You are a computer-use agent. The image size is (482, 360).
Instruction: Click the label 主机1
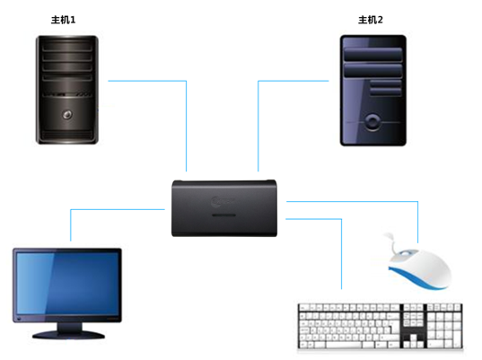[63, 20]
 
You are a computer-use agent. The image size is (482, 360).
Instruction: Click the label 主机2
[371, 20]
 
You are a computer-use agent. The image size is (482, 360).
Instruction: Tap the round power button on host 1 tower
[67, 115]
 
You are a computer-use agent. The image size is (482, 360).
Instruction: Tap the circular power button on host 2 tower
[372, 122]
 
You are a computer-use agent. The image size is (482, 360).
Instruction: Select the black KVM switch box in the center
[224, 208]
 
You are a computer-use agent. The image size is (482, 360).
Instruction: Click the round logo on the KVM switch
[216, 201]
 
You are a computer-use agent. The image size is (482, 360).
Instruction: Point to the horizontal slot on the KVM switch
[223, 215]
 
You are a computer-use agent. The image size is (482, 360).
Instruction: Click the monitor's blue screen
[67, 284]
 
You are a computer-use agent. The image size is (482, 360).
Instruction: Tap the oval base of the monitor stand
[68, 335]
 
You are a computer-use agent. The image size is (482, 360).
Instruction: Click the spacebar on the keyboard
[344, 345]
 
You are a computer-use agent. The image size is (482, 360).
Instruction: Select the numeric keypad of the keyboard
[444, 326]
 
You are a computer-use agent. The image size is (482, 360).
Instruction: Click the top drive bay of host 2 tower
[372, 55]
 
